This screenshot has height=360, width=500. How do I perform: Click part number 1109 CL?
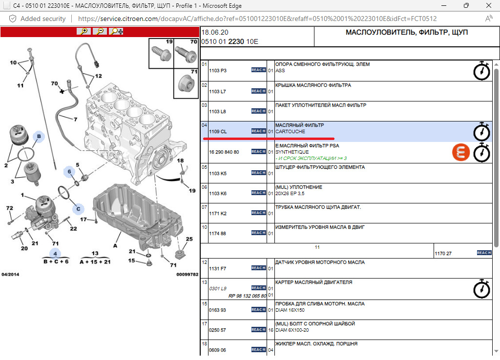(x=218, y=132)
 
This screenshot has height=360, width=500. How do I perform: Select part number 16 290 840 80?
(x=224, y=152)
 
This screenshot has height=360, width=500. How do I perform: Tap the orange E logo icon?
(x=461, y=152)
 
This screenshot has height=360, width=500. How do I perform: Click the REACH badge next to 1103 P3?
(x=258, y=70)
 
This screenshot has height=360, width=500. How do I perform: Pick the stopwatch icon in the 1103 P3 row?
(x=481, y=71)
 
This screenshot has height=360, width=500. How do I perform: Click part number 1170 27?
(x=443, y=254)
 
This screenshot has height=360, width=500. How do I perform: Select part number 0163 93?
(x=217, y=310)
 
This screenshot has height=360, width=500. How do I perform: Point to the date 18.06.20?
(x=215, y=32)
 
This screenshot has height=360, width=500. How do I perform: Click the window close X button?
(x=488, y=5)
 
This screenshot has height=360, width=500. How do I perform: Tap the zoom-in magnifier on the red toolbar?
(x=84, y=31)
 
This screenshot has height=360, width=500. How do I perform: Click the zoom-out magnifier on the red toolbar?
(x=100, y=31)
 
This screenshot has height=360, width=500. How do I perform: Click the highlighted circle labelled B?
(x=39, y=137)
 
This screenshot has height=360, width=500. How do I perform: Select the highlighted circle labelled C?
(x=78, y=209)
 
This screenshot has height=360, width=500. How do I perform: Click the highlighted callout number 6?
(x=69, y=172)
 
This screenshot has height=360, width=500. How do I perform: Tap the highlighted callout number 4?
(x=55, y=254)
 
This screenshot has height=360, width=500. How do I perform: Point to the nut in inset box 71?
(x=187, y=84)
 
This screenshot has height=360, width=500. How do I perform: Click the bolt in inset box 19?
(x=161, y=54)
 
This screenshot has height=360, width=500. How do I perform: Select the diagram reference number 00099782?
(x=187, y=274)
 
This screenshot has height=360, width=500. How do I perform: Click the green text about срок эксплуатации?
(x=311, y=159)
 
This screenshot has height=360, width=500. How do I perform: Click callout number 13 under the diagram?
(x=95, y=253)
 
